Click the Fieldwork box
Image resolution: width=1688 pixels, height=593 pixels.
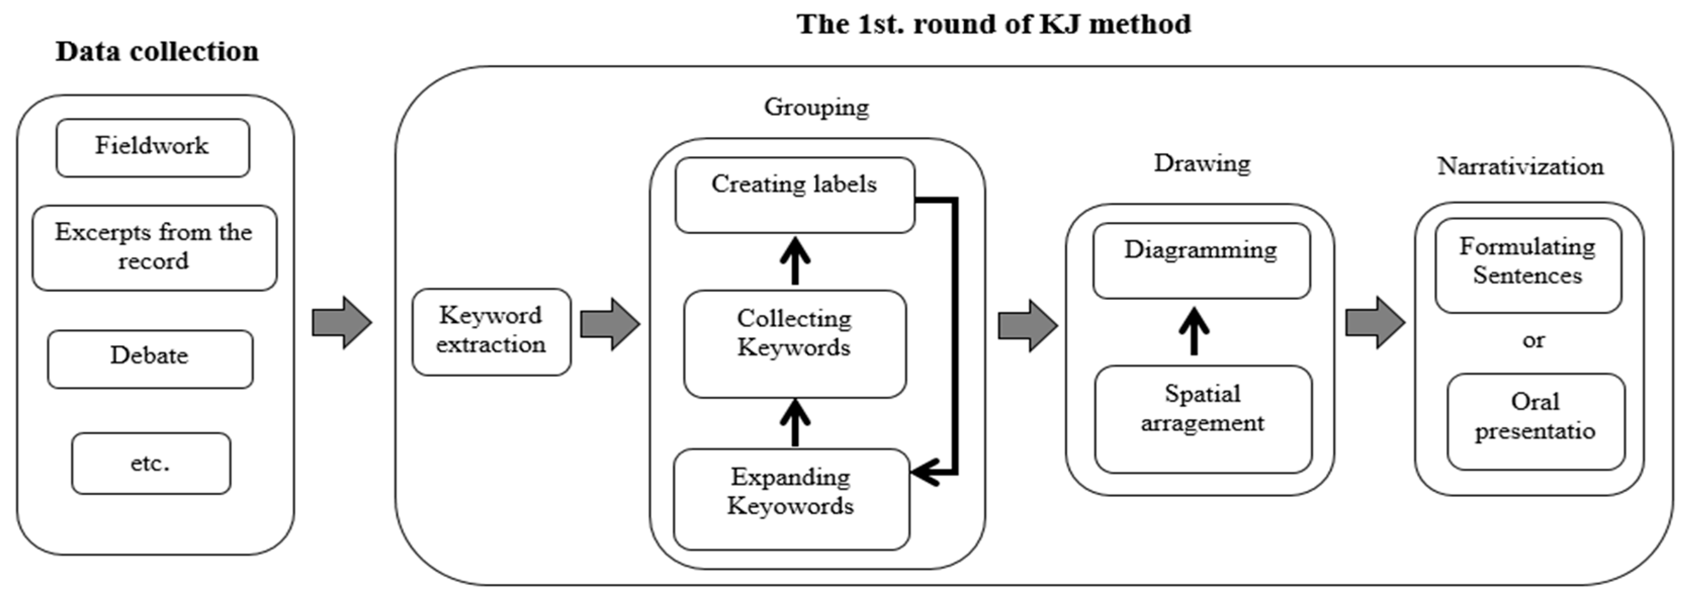pos(153,148)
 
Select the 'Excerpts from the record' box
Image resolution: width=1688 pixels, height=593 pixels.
pos(155,248)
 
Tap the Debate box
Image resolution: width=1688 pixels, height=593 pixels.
pos(150,359)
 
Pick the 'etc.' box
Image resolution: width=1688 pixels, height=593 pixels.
pos(151,463)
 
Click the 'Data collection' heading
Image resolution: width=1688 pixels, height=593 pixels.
pos(157,51)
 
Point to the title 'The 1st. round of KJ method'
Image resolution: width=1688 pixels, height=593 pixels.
pos(993,24)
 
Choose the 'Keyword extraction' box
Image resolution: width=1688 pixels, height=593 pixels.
pos(491,332)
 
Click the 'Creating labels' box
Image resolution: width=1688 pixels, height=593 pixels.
pos(795,195)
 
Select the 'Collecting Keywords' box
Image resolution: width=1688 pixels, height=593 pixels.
pos(795,344)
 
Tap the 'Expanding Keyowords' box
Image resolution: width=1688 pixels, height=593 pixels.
pos(792,499)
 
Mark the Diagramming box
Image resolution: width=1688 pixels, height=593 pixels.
pos(1202,261)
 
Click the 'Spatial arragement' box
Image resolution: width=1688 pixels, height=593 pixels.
pos(1203,420)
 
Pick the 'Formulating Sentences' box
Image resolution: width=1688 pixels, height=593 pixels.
pos(1528,265)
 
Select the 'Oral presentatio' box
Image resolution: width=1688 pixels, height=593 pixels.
pos(1536,421)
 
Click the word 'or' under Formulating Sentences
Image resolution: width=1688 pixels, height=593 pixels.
pos(1533,341)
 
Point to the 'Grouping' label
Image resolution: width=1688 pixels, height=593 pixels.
pos(816,107)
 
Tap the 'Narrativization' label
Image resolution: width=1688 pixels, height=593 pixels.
pos(1520,166)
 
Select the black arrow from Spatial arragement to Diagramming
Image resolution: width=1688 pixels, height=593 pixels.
pos(1194,331)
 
